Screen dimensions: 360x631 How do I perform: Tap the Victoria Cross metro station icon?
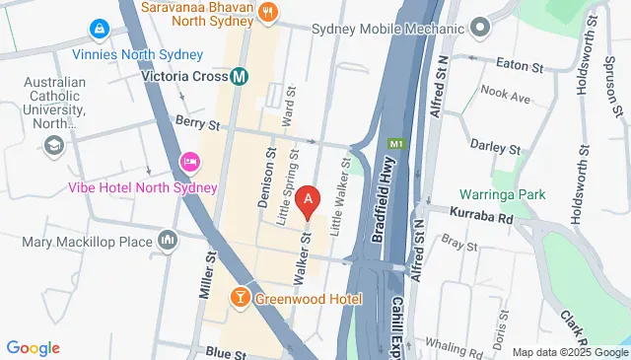(x=240, y=75)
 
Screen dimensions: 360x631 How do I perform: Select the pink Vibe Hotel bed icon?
(x=188, y=161)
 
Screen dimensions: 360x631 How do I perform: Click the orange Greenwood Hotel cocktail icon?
(x=240, y=297)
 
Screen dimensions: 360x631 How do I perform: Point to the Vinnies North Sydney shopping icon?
(x=99, y=30)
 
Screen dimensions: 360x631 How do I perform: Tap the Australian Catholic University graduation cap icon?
(x=53, y=147)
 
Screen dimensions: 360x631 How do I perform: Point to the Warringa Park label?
(x=502, y=194)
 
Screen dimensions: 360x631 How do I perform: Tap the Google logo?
(x=34, y=347)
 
